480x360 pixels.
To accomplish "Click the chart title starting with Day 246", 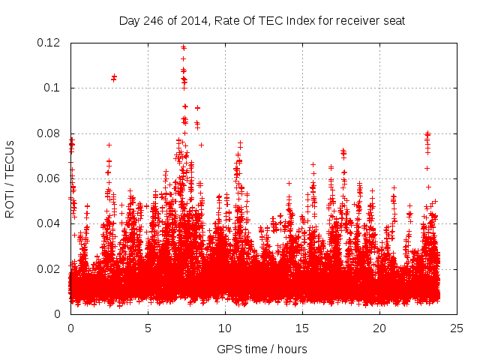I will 262,20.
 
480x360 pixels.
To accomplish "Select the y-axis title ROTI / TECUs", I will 10,178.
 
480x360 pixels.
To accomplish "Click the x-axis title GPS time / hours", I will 262,349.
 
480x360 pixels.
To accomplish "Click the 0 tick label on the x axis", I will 70,328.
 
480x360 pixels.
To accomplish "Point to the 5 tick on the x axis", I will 148,328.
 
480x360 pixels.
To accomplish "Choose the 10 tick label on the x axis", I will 225,328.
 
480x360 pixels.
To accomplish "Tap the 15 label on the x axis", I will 302,328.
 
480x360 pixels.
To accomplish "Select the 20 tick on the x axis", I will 379,328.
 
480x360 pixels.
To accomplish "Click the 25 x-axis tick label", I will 457,328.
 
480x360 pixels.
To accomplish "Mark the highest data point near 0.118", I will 183,47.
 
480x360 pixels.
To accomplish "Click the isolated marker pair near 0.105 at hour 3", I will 114,77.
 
